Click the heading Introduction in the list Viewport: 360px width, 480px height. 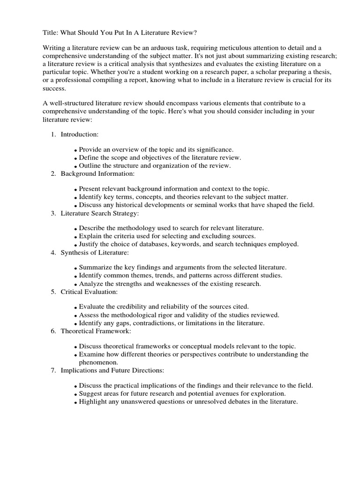(x=79, y=135)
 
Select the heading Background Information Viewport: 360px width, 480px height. (x=97, y=174)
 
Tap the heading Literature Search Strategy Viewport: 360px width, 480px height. (x=99, y=213)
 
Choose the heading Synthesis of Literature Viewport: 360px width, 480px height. (x=95, y=253)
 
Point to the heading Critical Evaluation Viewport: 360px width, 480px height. (x=89, y=292)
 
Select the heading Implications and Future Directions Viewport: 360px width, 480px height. (x=112, y=371)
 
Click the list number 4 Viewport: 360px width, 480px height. (x=53, y=253)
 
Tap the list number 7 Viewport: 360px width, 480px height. (x=53, y=371)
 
